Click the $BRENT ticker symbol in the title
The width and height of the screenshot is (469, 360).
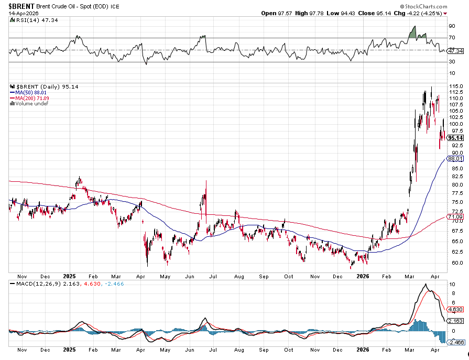coord(21,6)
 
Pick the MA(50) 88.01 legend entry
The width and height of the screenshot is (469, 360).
coord(31,92)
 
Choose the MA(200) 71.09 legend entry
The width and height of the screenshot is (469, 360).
coord(32,98)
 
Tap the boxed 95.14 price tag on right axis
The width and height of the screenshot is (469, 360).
coord(454,138)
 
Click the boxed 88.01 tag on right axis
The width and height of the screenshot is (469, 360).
coord(454,158)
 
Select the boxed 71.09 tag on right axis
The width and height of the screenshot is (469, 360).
coord(454,216)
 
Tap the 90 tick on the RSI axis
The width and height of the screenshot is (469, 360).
coord(451,26)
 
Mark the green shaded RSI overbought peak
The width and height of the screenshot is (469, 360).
coord(413,33)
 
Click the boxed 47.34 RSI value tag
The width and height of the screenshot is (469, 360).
coord(455,51)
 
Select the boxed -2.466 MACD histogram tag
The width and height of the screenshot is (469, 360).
coord(455,342)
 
